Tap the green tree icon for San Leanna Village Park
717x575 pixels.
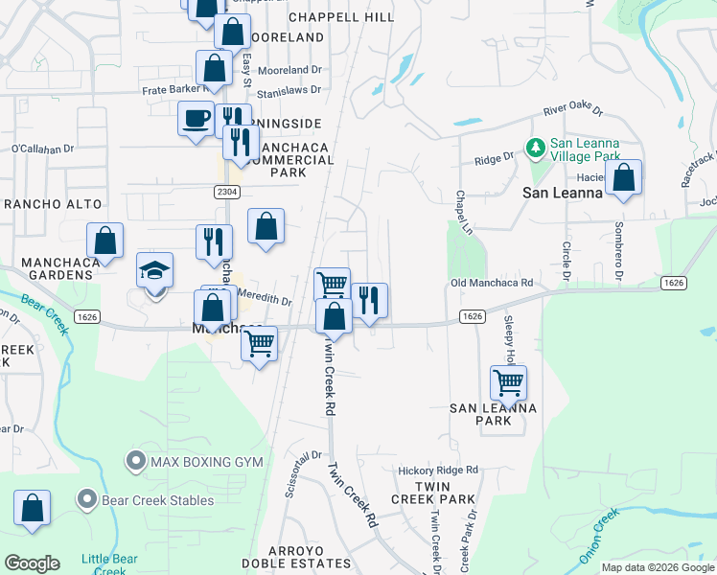535,148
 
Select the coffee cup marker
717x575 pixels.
197,120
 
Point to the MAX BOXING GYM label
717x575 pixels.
206,462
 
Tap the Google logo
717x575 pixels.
32,563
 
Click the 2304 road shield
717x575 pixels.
226,192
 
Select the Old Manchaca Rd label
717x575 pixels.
492,284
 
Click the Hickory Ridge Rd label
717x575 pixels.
438,471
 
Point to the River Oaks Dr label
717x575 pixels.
572,110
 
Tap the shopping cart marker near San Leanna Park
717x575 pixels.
509,383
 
